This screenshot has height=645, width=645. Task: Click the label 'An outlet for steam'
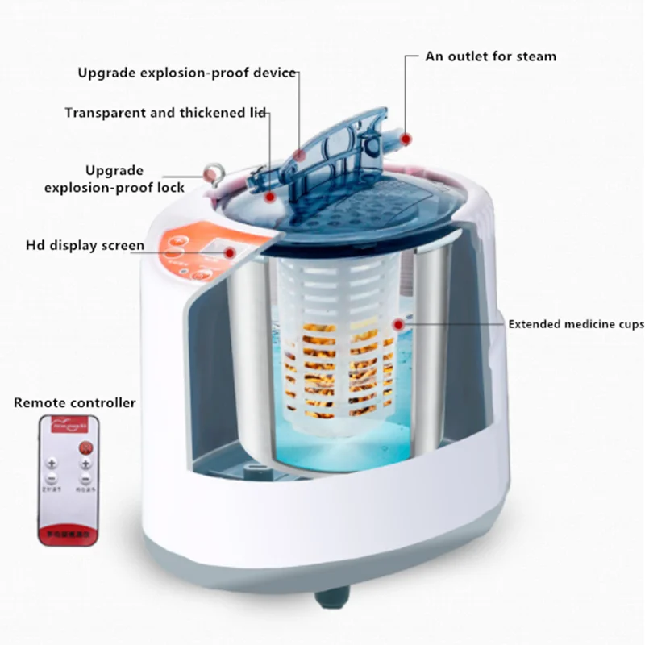click(x=491, y=57)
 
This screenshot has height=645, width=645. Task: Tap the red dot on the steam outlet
click(x=406, y=139)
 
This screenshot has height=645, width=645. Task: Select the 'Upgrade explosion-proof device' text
click(x=187, y=73)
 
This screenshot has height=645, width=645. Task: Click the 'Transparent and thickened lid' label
click(x=166, y=113)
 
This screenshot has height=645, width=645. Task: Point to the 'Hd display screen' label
click(x=85, y=245)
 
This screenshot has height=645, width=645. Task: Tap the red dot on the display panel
click(x=231, y=252)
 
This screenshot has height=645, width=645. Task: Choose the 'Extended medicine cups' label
click(x=576, y=325)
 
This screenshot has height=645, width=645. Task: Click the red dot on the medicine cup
click(x=397, y=324)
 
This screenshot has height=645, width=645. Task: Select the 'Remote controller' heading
click(x=75, y=402)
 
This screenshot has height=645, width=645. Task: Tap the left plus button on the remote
click(x=52, y=465)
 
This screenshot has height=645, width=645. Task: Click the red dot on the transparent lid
click(x=271, y=196)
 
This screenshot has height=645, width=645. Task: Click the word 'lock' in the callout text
click(x=169, y=188)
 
